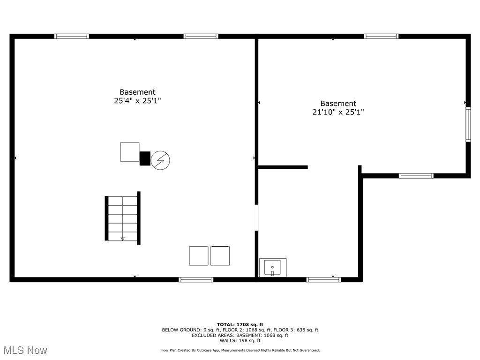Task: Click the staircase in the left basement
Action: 122,218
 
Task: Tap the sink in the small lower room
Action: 272,268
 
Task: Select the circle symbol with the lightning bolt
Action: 160,160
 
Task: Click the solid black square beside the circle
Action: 145,158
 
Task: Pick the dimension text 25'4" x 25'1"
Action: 137,101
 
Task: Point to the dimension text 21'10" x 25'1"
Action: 338,112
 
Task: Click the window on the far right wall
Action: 468,124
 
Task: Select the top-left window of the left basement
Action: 72,36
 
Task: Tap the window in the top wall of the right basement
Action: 381,36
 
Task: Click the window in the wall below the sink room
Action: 323,279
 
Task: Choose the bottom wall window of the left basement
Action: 196,279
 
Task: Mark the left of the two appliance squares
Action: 198,256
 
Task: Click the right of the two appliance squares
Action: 220,256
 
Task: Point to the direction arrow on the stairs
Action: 123,238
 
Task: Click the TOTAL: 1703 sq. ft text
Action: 240,324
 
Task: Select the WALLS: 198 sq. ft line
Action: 240,341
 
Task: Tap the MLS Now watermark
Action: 25,350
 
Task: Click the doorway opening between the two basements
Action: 256,217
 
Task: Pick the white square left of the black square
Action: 129,152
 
